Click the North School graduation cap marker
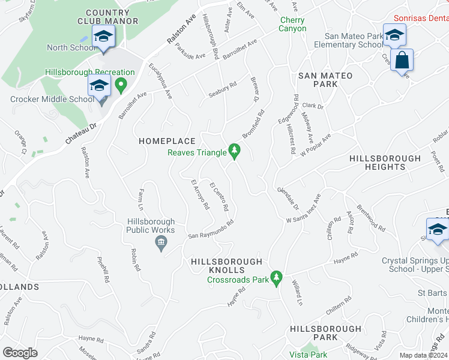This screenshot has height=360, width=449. [103, 37]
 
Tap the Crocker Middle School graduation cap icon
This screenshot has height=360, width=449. [99, 86]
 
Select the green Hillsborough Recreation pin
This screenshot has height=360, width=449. [121, 85]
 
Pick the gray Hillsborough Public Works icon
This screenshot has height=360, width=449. [161, 243]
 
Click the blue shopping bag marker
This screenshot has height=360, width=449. [402, 61]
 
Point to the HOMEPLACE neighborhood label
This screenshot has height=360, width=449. [167, 141]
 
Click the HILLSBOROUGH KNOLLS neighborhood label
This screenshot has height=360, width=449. [227, 262]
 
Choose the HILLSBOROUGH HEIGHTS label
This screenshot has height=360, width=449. [385, 163]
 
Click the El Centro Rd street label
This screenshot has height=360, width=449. [218, 196]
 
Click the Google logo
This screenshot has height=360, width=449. [20, 353]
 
